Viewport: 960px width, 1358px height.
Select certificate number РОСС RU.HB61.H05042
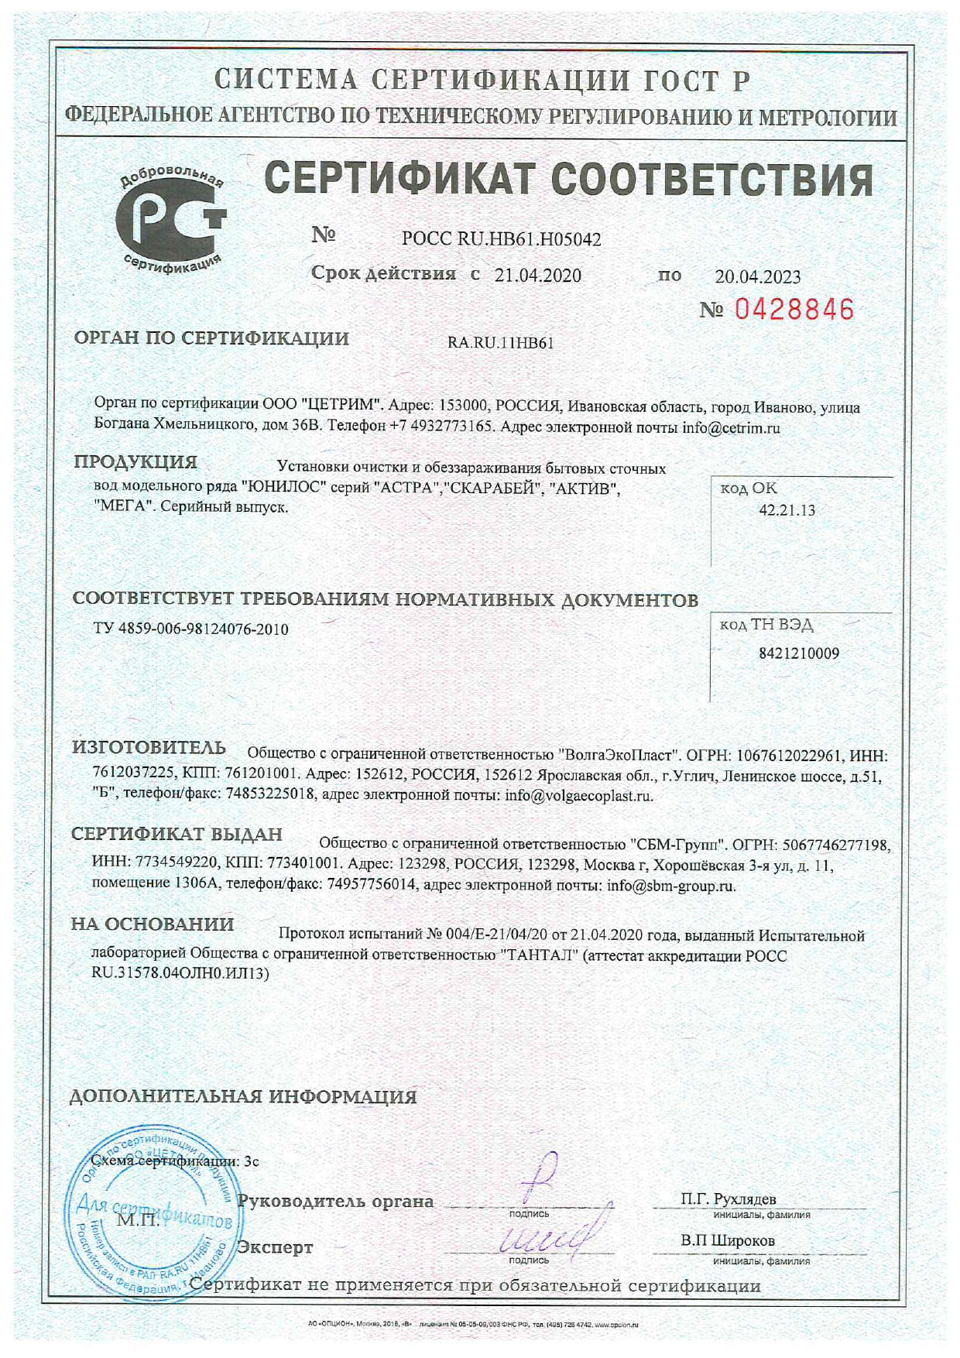point(501,239)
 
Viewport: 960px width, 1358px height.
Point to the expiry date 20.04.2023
point(757,276)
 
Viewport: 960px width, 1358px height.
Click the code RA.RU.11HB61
point(500,344)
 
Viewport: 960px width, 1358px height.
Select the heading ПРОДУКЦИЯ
point(135,462)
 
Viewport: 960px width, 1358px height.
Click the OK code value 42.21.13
point(787,510)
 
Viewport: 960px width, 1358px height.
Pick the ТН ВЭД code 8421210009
point(798,653)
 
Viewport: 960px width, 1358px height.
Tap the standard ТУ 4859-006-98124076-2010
point(190,629)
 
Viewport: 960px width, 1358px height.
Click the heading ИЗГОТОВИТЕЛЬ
point(149,748)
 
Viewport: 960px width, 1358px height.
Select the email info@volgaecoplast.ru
point(579,795)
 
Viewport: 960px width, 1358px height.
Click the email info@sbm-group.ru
point(671,886)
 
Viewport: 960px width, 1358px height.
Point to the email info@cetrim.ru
point(731,427)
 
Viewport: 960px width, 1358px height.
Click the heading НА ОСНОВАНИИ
point(153,924)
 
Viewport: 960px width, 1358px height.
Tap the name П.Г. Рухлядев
point(729,1199)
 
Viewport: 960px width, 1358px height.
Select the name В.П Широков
point(728,1240)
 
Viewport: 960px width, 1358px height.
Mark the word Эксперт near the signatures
point(275,1247)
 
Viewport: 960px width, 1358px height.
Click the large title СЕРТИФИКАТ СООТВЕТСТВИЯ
point(569,180)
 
